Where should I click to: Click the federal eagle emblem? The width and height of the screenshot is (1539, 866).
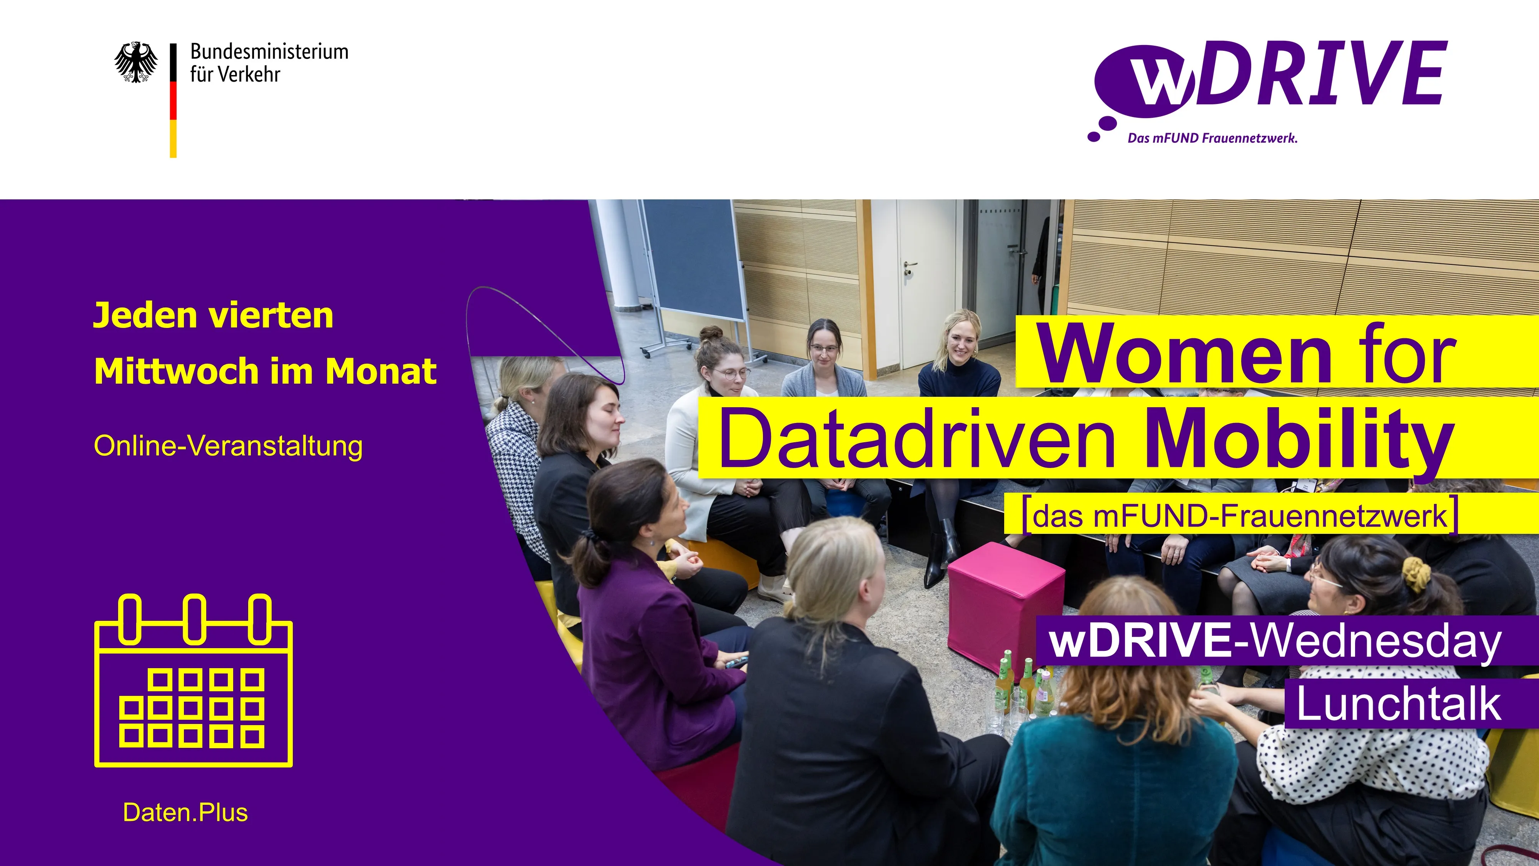136,62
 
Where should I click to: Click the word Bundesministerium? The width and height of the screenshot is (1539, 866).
269,52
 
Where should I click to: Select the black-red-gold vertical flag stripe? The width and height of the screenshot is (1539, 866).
173,100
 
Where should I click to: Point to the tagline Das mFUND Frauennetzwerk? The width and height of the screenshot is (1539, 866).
1212,138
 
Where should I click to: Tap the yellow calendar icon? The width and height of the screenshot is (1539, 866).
194,680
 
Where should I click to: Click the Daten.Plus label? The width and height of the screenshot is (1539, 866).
185,813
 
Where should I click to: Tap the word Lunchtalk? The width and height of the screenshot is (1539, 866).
1398,704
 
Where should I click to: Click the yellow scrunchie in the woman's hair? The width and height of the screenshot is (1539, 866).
1416,574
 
